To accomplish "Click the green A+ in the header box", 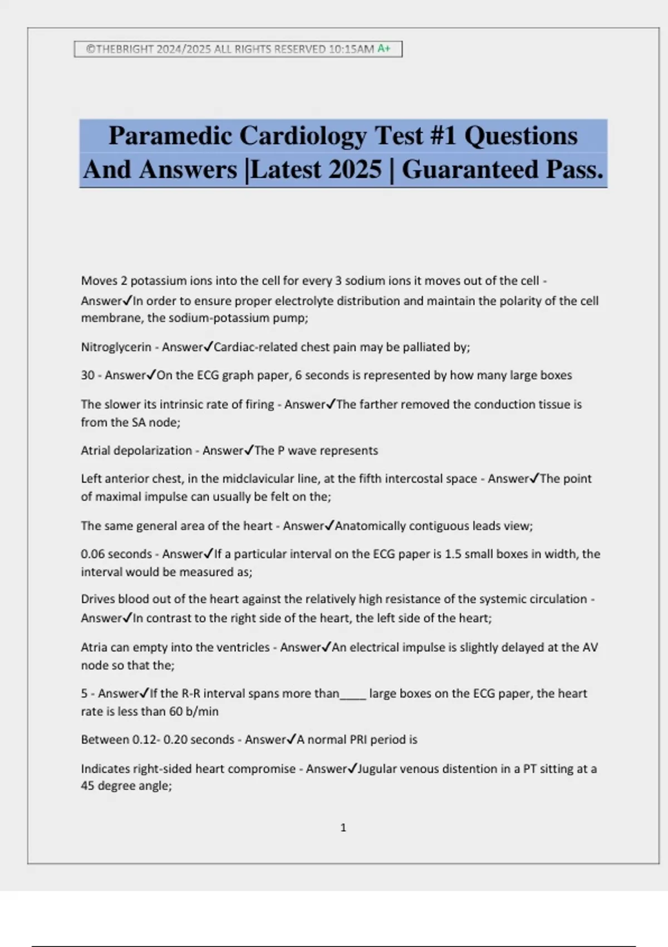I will tap(384, 49).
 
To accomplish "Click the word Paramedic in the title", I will tap(170, 136).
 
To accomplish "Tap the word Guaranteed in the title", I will tap(470, 170).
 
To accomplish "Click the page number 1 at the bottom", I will tap(343, 828).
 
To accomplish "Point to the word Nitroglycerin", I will tap(116, 347).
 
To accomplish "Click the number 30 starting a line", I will tap(87, 375).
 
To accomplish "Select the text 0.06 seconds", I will tap(116, 554).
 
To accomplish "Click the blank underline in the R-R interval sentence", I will tap(353, 694).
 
